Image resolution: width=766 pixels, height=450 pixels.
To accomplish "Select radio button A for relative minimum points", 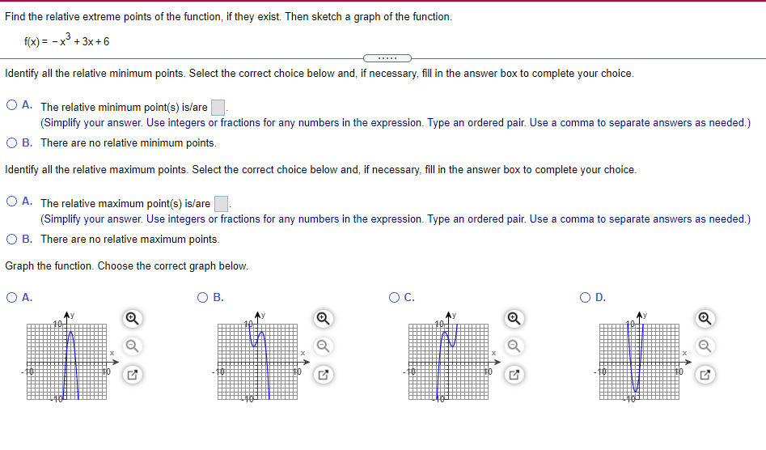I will [12, 105].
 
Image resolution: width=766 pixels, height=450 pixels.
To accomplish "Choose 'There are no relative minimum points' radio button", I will [12, 142].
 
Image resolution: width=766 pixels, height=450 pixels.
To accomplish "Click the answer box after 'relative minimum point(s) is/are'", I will [218, 107].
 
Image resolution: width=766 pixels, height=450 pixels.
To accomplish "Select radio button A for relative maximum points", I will [12, 202].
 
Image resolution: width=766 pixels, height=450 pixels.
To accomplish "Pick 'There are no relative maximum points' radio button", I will [12, 239].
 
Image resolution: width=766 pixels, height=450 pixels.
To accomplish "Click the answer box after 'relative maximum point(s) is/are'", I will [221, 204].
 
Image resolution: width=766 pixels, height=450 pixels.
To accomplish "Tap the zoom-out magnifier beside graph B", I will [323, 346].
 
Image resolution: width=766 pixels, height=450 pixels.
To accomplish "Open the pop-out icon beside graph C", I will [514, 375].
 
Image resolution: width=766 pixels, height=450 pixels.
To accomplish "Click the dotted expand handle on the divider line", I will [387, 58].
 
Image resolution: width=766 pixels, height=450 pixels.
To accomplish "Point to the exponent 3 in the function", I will [70, 35].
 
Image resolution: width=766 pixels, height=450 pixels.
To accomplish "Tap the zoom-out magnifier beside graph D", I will [705, 346].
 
